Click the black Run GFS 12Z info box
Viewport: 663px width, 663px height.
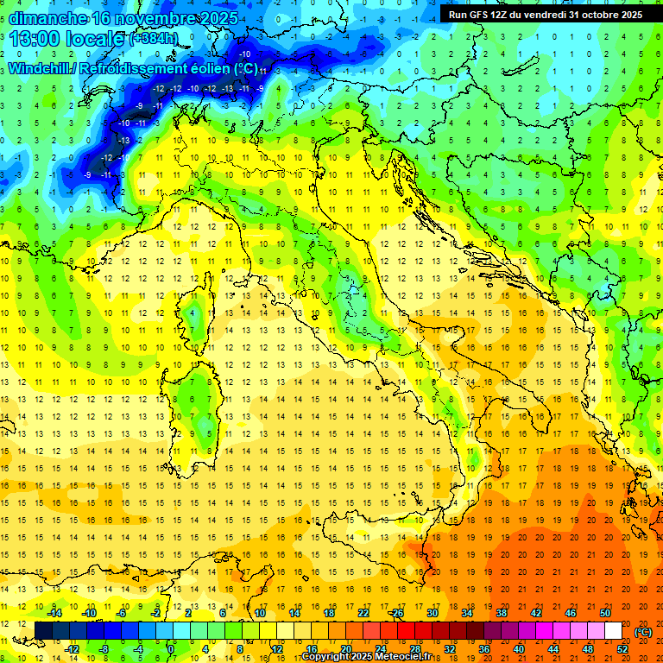545,14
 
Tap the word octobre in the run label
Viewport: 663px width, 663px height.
594,14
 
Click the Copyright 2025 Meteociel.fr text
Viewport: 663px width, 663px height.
372,657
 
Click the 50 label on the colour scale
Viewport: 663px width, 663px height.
605,613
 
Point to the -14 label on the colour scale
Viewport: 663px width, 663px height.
54,613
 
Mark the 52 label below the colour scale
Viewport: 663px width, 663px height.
622,648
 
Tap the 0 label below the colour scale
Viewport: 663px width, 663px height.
171,648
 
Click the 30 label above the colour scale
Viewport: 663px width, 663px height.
433,613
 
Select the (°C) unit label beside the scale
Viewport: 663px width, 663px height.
643,631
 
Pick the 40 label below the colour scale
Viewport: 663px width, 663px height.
519,648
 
